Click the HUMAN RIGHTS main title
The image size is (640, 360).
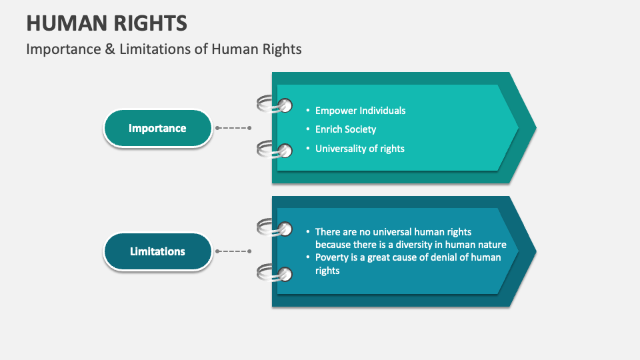click(107, 23)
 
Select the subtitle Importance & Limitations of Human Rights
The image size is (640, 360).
click(164, 49)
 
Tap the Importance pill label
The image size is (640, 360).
click(157, 128)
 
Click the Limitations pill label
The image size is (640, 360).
click(157, 251)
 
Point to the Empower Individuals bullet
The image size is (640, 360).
click(360, 111)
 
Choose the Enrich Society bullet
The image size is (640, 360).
click(345, 129)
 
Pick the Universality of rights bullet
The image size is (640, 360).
click(359, 149)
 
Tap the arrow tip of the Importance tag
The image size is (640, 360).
click(530, 127)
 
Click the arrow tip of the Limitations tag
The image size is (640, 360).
click(530, 251)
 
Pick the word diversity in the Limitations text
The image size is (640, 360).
click(433, 245)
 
